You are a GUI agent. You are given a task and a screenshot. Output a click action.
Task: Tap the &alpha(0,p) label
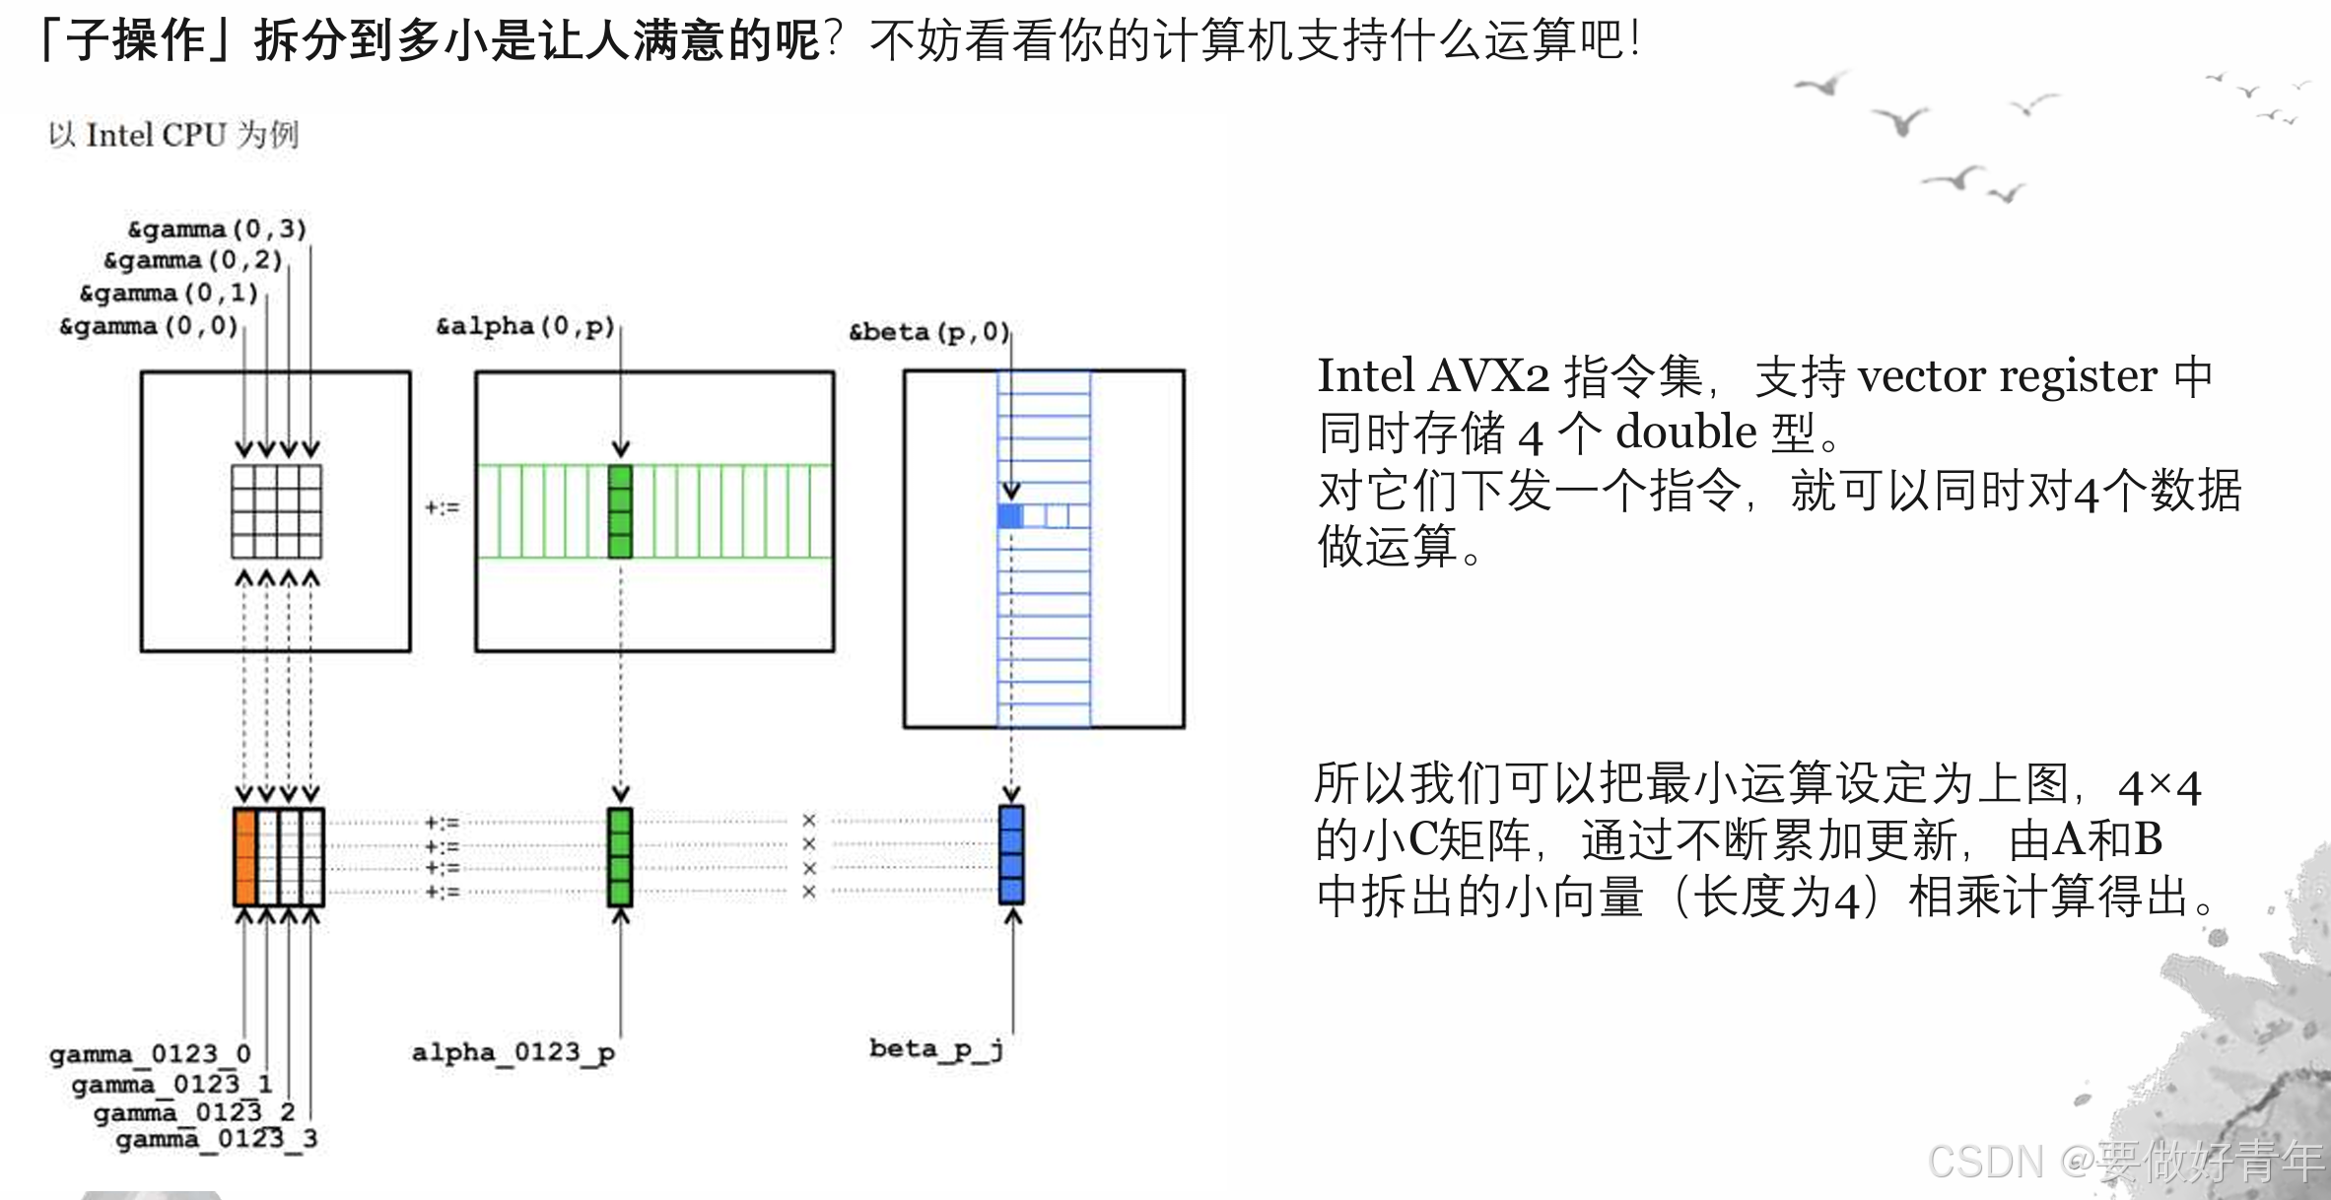[x=525, y=326]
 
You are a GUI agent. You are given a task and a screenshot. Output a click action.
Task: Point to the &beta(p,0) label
[x=928, y=332]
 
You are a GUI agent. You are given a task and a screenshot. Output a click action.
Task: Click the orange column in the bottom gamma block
[x=244, y=856]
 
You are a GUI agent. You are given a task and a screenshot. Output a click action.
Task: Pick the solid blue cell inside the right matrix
[x=1009, y=515]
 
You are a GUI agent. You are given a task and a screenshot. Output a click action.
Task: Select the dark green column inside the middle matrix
[x=620, y=511]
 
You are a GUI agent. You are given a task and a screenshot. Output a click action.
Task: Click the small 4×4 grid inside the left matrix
[x=276, y=511]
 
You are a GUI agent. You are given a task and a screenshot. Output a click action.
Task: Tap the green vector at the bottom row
[x=620, y=856]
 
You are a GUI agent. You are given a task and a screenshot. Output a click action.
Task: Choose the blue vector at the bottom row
[x=1011, y=855]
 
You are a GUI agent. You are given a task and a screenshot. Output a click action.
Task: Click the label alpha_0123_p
[x=513, y=1052]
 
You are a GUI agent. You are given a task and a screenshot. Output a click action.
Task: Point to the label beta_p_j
[x=935, y=1048]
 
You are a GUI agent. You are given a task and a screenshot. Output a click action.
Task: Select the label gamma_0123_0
[x=150, y=1054]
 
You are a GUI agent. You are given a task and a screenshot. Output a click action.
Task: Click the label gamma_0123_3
[x=216, y=1139]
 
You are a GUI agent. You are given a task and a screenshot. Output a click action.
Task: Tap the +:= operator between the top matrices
[x=442, y=507]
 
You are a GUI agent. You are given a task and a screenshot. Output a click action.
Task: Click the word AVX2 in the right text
[x=1488, y=376]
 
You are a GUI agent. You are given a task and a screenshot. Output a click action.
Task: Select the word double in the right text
[x=1685, y=433]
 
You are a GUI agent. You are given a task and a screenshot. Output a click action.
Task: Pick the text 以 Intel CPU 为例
[x=173, y=134]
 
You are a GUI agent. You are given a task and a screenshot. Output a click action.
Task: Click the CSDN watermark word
[x=1985, y=1162]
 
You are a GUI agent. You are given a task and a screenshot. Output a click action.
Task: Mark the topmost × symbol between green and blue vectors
[x=809, y=821]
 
